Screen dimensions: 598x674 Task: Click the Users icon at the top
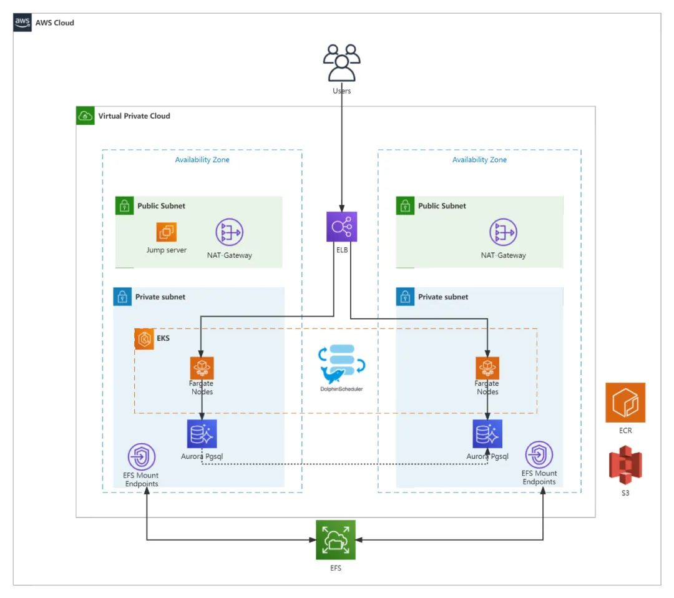[x=341, y=62]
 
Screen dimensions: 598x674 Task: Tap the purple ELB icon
[x=341, y=227]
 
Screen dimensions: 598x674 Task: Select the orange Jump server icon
[x=167, y=232]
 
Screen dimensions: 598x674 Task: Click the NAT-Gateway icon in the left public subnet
[x=229, y=232]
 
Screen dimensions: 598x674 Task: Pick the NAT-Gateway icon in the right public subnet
[x=503, y=232]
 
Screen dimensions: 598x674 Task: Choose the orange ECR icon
[x=625, y=403]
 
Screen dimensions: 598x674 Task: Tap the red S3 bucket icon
[x=625, y=466]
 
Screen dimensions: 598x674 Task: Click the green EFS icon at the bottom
[x=335, y=539]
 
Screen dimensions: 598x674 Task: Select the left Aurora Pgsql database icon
[x=202, y=433]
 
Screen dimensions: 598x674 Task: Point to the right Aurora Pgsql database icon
[x=487, y=434]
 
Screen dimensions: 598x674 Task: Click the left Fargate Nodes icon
[x=202, y=368]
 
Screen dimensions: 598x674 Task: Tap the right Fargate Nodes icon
[x=487, y=368]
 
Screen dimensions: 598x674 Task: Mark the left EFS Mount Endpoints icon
[x=142, y=457]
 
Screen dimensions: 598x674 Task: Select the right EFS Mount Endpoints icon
[x=539, y=454]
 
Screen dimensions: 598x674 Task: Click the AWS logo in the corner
[x=22, y=22]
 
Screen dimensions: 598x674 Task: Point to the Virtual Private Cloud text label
[x=134, y=116]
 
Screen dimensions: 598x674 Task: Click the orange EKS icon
[x=145, y=339]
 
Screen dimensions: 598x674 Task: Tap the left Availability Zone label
[x=202, y=160]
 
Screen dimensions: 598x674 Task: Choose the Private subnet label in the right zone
[x=443, y=297]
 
